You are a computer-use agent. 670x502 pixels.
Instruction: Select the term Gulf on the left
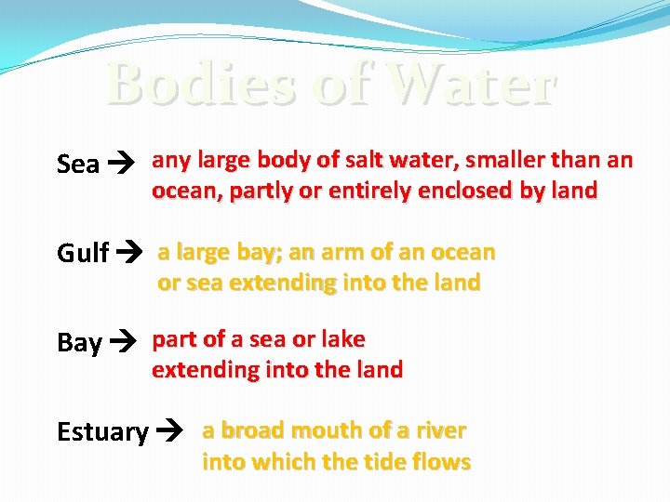pos(83,253)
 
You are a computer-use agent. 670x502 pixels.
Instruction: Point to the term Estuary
pos(102,432)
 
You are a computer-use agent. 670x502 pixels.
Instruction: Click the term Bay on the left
pos(79,343)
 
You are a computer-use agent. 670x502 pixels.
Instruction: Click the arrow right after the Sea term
pos(123,165)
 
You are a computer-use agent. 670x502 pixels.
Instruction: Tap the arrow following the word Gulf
pos(129,253)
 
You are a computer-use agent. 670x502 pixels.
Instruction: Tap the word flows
pos(441,461)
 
